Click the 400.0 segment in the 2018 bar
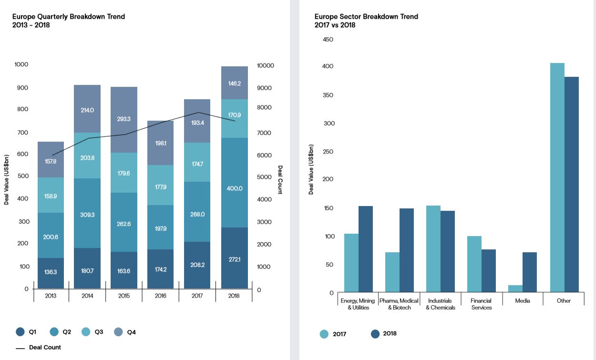[234, 183]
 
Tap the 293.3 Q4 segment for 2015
[124, 120]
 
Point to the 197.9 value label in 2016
[161, 229]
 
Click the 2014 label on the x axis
[87, 296]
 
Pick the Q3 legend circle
[86, 332]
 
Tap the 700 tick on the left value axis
[22, 133]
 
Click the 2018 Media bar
[530, 272]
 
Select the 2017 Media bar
[515, 288]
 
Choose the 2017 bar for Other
[557, 177]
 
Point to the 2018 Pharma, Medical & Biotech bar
[407, 250]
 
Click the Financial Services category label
[481, 304]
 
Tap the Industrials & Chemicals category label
[440, 304]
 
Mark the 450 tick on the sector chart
[329, 40]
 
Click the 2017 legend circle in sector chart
[324, 334]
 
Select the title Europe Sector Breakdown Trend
[366, 17]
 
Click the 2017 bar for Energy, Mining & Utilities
[351, 263]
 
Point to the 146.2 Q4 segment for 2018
[234, 83]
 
